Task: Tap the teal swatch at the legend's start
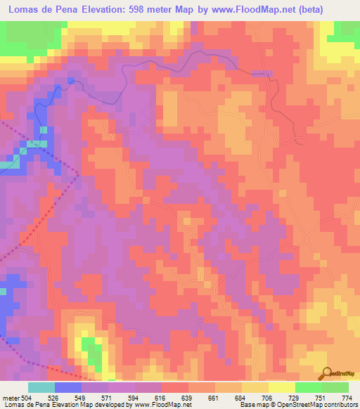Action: point(41,387)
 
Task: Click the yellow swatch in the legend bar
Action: point(282,387)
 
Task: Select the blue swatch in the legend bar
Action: point(68,387)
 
